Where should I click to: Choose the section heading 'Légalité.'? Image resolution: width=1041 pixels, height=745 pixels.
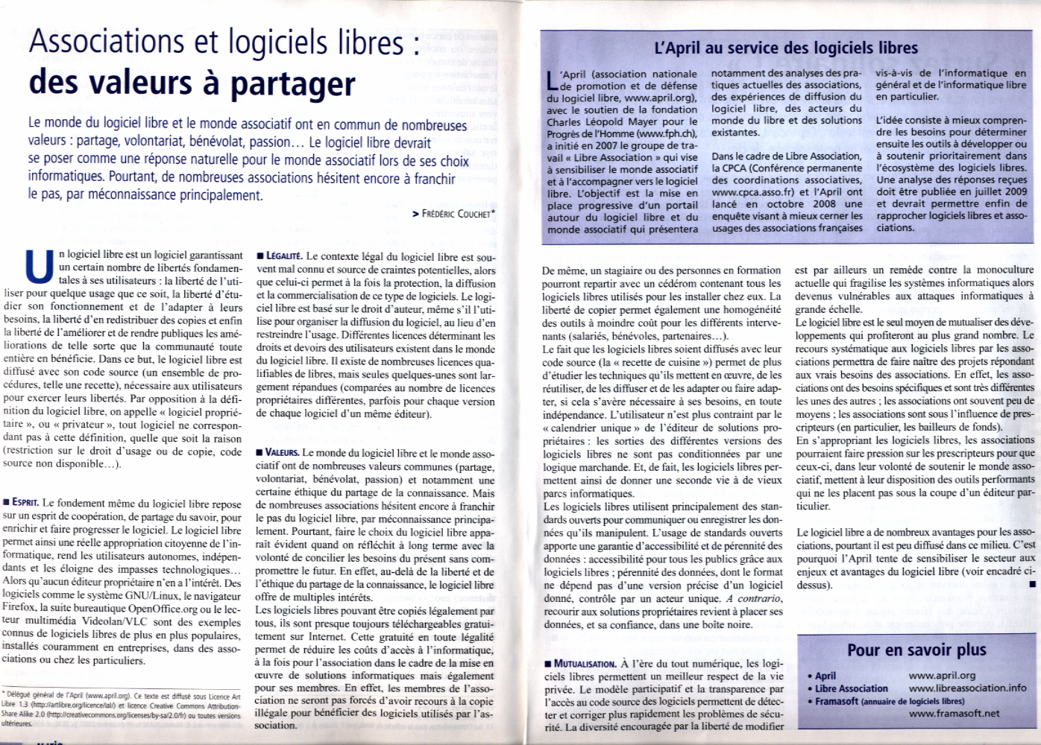point(279,257)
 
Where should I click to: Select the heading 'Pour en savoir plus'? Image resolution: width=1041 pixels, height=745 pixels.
point(916,650)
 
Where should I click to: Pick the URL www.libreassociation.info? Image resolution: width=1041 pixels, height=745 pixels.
point(967,688)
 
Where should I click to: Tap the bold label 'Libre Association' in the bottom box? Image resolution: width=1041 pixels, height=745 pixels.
point(851,688)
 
